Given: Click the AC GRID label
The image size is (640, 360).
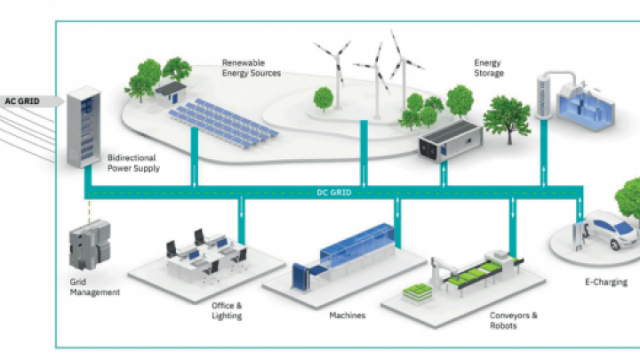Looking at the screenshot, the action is (22, 100).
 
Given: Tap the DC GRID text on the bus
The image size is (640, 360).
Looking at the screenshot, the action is (334, 192).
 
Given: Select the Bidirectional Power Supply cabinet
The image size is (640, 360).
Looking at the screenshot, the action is (84, 126).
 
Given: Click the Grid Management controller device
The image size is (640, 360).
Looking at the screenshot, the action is (90, 244).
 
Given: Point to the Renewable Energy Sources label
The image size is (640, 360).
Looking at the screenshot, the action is (252, 68).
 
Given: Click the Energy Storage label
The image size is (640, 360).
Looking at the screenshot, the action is (489, 68).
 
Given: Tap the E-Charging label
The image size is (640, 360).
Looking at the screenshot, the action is (606, 282).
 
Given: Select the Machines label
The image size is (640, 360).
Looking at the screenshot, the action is (347, 315).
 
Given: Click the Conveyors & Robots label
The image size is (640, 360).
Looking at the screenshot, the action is (514, 320).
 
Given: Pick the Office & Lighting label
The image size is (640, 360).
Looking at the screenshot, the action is (227, 310).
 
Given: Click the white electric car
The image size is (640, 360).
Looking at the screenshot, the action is (613, 232).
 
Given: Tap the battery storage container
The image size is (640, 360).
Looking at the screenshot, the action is (451, 140).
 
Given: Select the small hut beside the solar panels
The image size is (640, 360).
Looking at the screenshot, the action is (171, 92).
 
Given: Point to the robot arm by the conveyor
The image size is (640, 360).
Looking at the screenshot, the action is (442, 270).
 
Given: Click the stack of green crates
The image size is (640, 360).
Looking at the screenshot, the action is (418, 293).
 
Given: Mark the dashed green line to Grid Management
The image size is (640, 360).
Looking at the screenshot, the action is (89, 211).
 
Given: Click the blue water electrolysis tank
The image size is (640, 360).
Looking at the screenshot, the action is (585, 107).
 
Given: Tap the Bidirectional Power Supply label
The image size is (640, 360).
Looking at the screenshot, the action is (133, 163).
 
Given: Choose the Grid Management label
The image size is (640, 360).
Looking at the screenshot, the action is (95, 287).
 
